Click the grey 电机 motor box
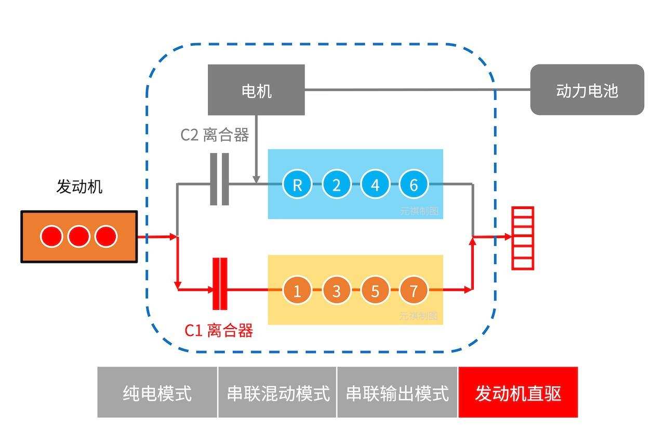tap(256, 90)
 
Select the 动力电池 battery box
tap(587, 90)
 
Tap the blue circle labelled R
tap(297, 185)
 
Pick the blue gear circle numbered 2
tap(336, 185)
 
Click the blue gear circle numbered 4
tap(375, 185)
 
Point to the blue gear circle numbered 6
tap(414, 185)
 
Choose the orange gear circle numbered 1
tap(297, 290)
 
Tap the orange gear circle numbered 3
tap(336, 290)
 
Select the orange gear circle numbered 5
tap(375, 290)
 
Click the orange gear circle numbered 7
tap(414, 290)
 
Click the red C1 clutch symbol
tap(220, 284)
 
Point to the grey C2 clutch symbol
tap(219, 179)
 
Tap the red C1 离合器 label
tap(219, 330)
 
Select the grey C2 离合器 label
tap(215, 135)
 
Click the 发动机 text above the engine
tap(79, 187)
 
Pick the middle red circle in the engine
tap(79, 237)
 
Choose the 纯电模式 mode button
tap(157, 393)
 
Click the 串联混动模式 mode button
tap(277, 393)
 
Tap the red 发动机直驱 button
tap(518, 393)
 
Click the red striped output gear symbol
tap(523, 238)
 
